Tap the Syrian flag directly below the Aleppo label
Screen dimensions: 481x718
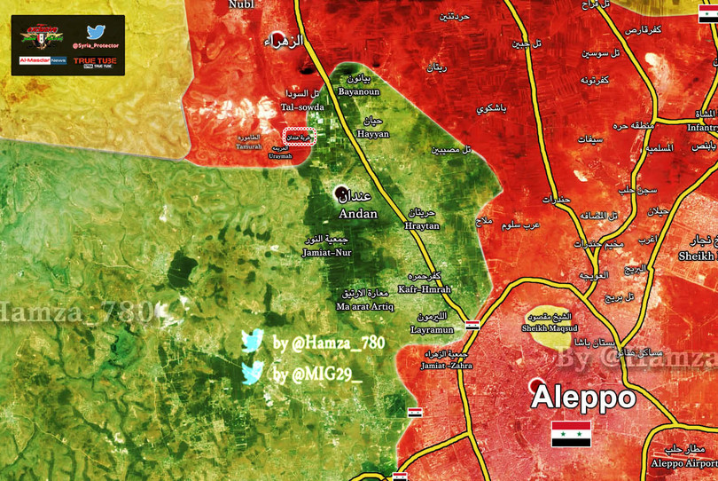point(571,434)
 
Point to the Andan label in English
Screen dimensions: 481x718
point(357,214)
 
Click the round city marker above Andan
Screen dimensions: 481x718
point(341,193)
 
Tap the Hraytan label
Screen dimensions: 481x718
point(422,226)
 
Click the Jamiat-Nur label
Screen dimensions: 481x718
point(327,253)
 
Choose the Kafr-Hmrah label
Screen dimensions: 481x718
point(425,289)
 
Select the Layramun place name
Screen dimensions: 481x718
point(432,329)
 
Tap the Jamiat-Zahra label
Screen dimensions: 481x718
point(448,365)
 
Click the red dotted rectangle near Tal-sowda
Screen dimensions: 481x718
point(299,138)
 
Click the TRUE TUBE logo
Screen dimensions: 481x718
point(95,61)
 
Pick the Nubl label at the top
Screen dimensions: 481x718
point(240,4)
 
